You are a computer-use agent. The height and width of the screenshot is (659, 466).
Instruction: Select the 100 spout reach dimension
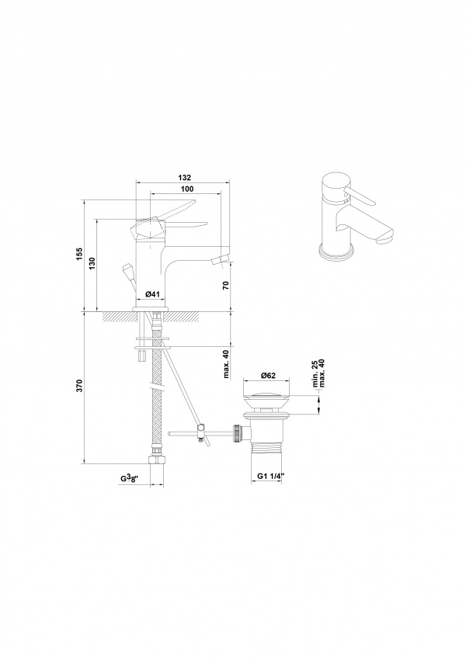[187, 189]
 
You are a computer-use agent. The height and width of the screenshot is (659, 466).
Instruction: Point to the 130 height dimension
[92, 263]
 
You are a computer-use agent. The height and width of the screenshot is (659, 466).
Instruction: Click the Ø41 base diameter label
[151, 294]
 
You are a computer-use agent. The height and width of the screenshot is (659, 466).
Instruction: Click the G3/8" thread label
[131, 478]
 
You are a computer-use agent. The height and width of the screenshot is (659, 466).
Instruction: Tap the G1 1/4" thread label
[271, 476]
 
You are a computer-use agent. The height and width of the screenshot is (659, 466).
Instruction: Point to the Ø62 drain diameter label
[268, 376]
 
